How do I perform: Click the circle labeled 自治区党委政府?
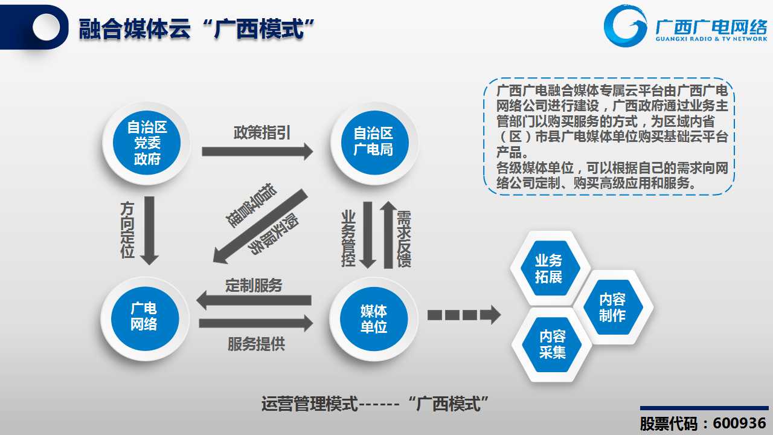click(147, 143)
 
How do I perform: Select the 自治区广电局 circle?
click(375, 142)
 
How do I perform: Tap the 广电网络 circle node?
click(145, 318)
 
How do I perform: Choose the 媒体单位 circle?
click(374, 318)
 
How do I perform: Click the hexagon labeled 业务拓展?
click(549, 268)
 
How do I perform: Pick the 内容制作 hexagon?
click(613, 308)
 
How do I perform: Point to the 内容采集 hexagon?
click(553, 344)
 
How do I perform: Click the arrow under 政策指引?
click(257, 152)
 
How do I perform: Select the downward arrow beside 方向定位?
click(149, 231)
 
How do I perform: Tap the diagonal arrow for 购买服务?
click(260, 227)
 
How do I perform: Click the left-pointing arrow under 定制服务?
click(254, 300)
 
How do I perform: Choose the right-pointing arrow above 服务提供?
click(256, 323)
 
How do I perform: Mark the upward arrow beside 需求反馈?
click(388, 235)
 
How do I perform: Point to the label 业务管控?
click(348, 239)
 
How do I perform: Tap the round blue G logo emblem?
click(625, 25)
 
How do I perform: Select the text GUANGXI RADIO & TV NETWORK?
click(711, 39)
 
